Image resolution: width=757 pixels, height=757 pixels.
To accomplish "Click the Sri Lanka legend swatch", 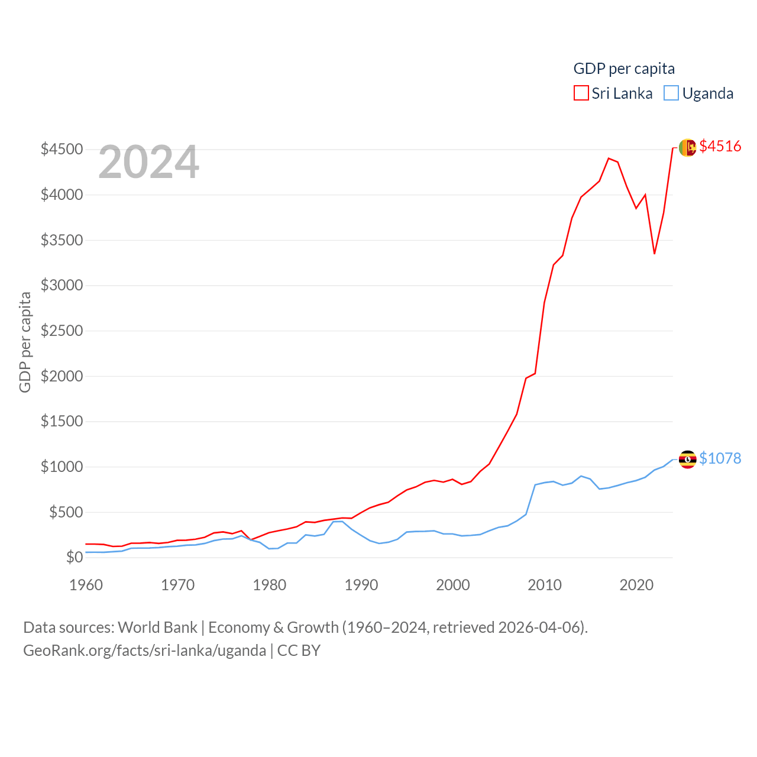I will coord(581,93).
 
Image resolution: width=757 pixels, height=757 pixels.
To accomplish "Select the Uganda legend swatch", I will coord(671,93).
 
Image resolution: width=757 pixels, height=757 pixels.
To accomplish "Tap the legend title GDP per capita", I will coord(624,69).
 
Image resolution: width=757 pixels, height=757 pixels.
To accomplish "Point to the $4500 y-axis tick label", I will coord(62,149).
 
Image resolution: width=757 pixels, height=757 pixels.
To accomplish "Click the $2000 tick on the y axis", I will coord(62,376).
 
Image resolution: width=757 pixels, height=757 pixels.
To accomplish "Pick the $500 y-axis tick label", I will coord(66,512).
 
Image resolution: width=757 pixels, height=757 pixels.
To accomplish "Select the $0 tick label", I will coord(74,557).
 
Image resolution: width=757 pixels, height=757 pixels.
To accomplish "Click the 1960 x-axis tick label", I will coord(86,585).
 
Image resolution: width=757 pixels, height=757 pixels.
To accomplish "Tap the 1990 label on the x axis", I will coord(361,585).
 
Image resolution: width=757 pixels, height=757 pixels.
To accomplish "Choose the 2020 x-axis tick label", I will coord(636,585).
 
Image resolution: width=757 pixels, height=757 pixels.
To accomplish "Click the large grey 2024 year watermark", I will coord(148,162).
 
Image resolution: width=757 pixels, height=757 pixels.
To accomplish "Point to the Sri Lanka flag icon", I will coord(687,148).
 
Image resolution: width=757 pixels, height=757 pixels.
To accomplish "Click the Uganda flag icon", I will coord(687,460).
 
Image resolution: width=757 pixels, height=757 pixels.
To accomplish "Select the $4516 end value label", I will coord(720,146).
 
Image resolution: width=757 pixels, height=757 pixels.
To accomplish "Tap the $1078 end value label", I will coord(720,458).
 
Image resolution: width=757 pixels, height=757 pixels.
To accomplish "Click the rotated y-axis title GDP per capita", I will coord(25,342).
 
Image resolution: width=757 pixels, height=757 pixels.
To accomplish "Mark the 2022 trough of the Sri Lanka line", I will coord(654,254).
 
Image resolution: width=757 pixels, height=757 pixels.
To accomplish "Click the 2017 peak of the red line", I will coord(609,158).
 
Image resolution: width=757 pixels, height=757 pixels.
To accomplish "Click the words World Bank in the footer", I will coord(157,627).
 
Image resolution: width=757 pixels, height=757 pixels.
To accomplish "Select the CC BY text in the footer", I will coord(299,651).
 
